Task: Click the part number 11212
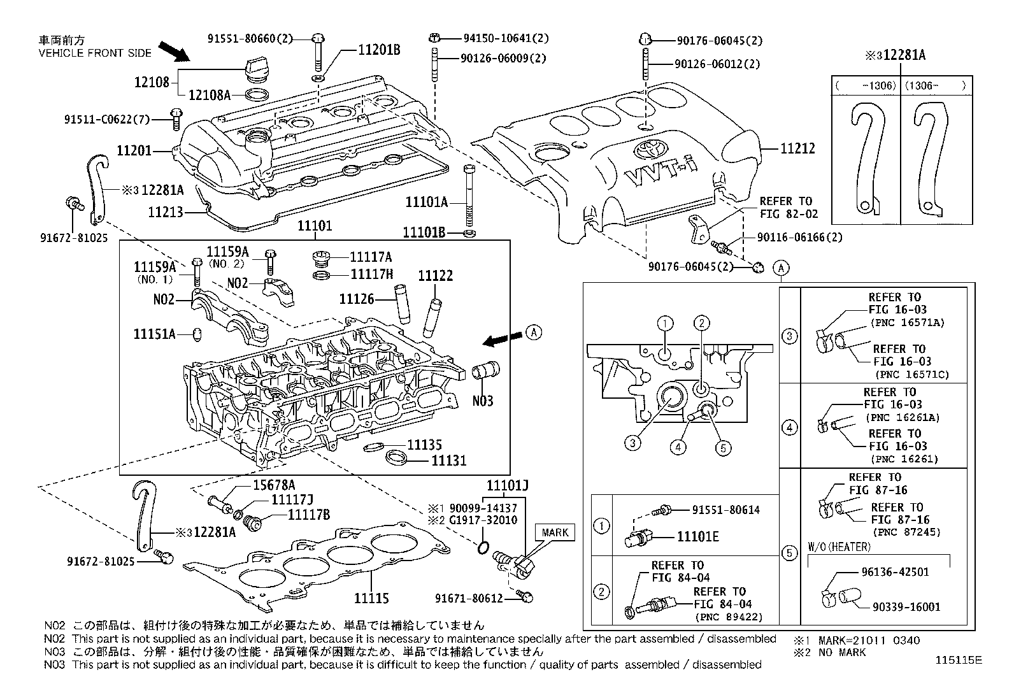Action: (x=798, y=148)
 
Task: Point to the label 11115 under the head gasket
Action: (x=371, y=599)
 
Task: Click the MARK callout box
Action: (x=554, y=532)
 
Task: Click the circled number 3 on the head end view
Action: (x=632, y=443)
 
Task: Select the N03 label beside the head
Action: (x=482, y=401)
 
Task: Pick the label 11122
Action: (x=435, y=276)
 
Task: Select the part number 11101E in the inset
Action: (x=697, y=537)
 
